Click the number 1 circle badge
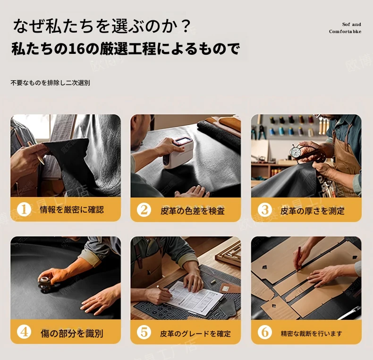coord(24,209)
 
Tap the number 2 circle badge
coord(144,210)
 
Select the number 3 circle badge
coord(265,210)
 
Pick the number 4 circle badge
coord(24,332)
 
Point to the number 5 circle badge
coord(144,332)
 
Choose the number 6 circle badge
coord(265,332)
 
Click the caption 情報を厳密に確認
coord(72,210)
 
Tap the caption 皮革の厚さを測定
coord(313,211)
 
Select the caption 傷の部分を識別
coord(72,334)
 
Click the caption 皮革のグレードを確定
coord(195,334)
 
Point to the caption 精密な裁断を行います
coord(312,334)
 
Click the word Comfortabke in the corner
coord(345,32)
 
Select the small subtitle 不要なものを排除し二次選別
coord(50,83)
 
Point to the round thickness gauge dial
coord(296,152)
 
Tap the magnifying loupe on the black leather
coord(46,284)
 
